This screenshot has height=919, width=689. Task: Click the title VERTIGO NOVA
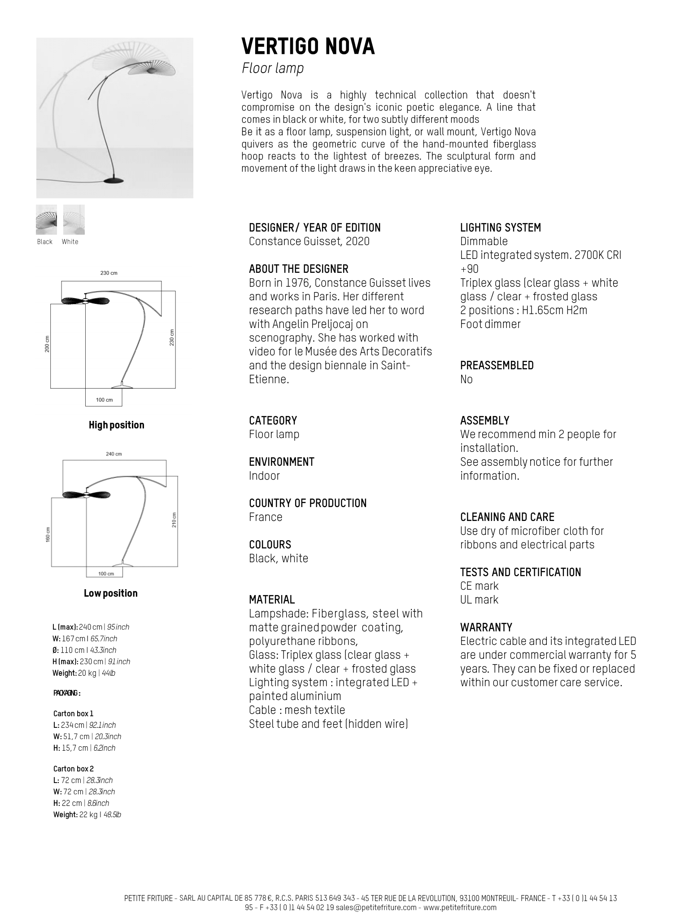click(x=308, y=47)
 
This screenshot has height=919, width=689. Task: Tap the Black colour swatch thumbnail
click(x=46, y=219)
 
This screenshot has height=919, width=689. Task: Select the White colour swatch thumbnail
click(x=74, y=219)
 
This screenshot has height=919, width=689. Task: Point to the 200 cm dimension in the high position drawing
click(x=47, y=344)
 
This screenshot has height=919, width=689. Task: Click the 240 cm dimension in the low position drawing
click(x=113, y=454)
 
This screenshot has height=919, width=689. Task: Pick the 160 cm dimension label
click(x=48, y=534)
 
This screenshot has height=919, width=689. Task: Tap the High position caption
click(x=117, y=425)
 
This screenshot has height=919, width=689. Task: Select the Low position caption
click(x=111, y=593)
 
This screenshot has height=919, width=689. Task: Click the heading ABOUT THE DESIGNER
click(x=298, y=269)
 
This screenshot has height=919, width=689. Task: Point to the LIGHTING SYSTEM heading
click(x=501, y=228)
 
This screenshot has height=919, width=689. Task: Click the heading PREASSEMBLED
click(x=497, y=365)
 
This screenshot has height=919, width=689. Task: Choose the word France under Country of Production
click(x=266, y=517)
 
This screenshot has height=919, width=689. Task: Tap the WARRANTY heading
click(x=486, y=627)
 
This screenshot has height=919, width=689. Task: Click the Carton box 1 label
click(x=73, y=713)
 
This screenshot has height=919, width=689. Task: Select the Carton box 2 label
click(x=74, y=769)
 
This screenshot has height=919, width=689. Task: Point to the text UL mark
click(x=479, y=600)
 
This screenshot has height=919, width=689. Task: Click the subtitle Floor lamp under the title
click(x=273, y=68)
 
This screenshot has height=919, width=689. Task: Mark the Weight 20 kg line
click(x=84, y=673)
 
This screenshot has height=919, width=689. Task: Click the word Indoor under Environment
click(x=264, y=476)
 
